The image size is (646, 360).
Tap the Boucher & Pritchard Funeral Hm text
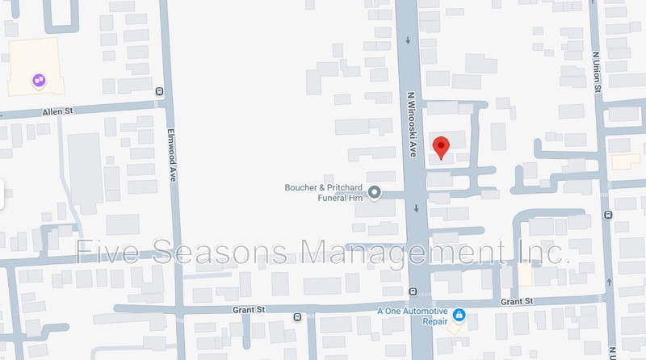click(x=326, y=192)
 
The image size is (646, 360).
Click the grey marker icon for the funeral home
click(x=375, y=192)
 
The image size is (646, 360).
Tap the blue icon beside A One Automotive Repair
click(x=458, y=313)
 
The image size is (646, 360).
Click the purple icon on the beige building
click(x=38, y=80)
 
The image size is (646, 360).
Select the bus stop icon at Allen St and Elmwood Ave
click(x=159, y=91)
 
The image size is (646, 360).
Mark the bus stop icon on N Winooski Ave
click(x=413, y=291)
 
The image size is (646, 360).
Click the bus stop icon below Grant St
click(x=297, y=316)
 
